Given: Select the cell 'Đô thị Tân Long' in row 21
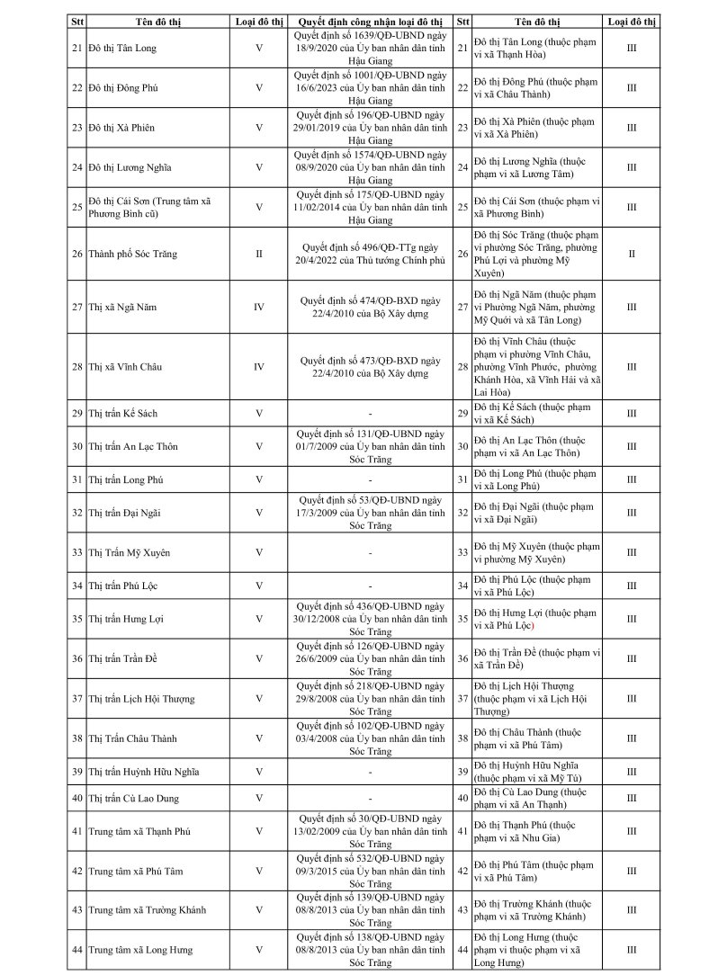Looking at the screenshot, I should coord(122,47).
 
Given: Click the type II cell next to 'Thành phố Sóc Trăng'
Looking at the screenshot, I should coord(259,254).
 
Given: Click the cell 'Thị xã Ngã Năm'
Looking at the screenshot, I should coord(122,307).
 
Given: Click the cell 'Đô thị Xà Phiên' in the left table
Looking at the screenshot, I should coord(122,128).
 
